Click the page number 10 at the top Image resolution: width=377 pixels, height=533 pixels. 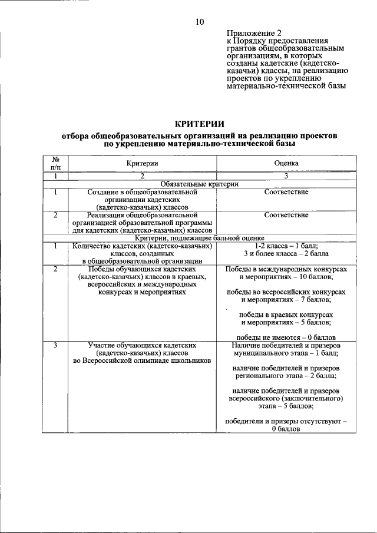tap(200, 22)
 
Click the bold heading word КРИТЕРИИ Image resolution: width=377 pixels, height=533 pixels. tap(200, 124)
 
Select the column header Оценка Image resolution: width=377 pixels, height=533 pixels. tap(286, 163)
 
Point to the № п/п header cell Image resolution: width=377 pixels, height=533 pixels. tap(55, 163)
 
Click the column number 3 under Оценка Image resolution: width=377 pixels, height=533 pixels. tap(286, 176)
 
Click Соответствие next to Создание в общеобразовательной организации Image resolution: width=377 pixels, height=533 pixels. tap(286, 192)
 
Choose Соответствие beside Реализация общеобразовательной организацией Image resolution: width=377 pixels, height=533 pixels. tap(286, 215)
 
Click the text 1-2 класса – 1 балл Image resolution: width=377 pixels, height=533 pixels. tap(286, 246)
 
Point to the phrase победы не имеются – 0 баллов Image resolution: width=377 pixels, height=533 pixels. tap(286, 337)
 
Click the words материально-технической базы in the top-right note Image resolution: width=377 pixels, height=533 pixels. tap(286, 85)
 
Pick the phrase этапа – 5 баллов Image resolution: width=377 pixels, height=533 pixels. tap(286, 406)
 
